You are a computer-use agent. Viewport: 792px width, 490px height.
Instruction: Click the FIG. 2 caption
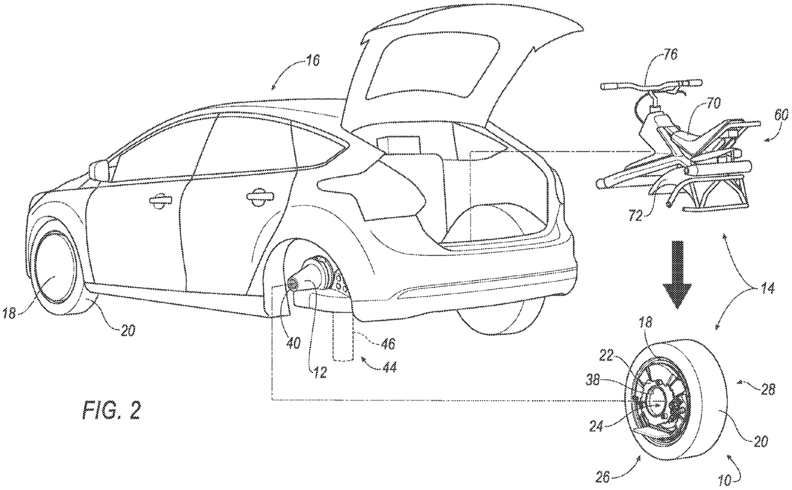coord(111,410)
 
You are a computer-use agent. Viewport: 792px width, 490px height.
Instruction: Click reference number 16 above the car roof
coord(312,60)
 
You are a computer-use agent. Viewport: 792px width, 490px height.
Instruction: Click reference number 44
coord(389,367)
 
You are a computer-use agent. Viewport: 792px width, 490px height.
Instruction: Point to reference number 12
coord(320,372)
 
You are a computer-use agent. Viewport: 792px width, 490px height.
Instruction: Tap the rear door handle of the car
coord(258,196)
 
